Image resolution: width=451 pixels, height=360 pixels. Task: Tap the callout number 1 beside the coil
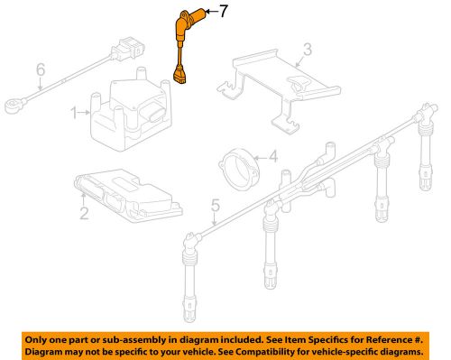[x=77, y=113]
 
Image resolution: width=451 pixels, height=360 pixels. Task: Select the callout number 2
[x=83, y=213]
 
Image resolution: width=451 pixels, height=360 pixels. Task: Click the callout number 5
[x=39, y=69]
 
